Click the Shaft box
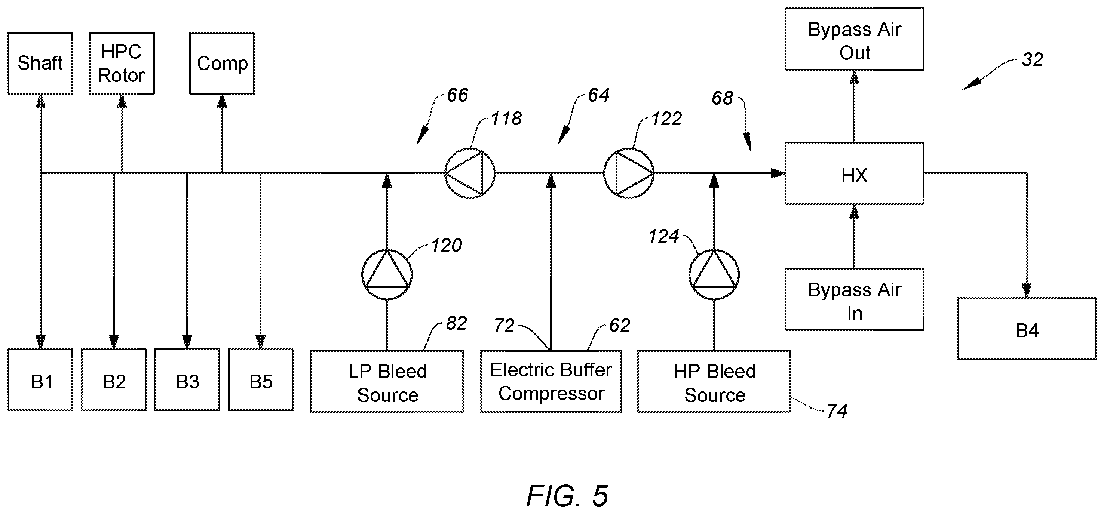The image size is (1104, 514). tap(40, 63)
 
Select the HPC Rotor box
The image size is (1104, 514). tap(122, 63)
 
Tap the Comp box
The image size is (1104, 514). tap(222, 63)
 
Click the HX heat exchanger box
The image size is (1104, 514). tap(854, 173)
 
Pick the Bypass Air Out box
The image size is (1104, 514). tap(854, 39)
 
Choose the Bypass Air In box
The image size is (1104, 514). tap(854, 300)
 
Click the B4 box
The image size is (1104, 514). tap(1027, 329)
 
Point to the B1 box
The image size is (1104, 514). tap(40, 380)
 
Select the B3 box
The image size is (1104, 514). tap(187, 380)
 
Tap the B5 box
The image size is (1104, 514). tap(261, 380)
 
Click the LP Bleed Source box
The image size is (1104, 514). tap(387, 382)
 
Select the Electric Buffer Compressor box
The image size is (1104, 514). tap(551, 382)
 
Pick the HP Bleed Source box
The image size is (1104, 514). tap(714, 382)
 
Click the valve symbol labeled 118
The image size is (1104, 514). tap(470, 173)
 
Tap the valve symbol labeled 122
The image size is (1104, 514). tap(629, 173)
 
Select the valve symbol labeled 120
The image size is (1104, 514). tap(387, 274)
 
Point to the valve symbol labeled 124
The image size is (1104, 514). tap(714, 274)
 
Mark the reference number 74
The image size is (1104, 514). tap(837, 412)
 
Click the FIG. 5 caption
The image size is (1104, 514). tap(567, 496)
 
